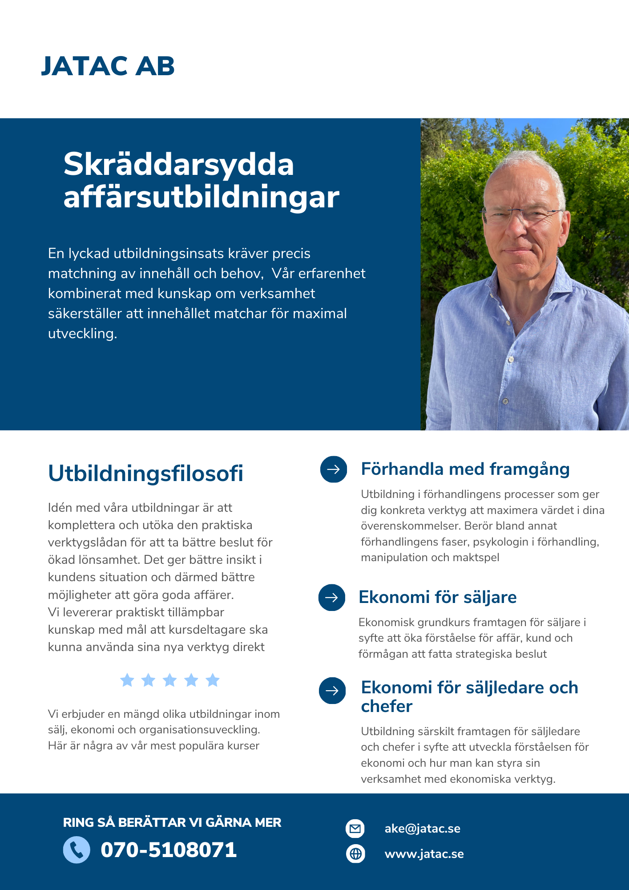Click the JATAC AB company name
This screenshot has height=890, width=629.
[x=108, y=66]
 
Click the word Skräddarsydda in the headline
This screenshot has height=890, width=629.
[x=178, y=165]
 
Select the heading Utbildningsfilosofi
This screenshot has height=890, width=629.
[x=145, y=473]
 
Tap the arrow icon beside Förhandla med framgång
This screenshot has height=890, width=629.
[x=334, y=469]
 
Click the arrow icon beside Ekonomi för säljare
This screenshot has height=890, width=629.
[x=332, y=597]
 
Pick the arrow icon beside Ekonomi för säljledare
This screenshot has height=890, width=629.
[x=332, y=690]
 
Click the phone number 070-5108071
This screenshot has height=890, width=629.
[x=169, y=850]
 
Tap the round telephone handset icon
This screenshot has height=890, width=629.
[x=77, y=850]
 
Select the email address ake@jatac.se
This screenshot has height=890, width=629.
[x=422, y=829]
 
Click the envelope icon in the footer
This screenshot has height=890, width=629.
[x=355, y=829]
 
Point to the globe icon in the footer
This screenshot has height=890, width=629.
[x=355, y=854]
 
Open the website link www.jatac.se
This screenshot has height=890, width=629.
[x=424, y=854]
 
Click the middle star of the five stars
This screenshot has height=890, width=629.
[x=170, y=680]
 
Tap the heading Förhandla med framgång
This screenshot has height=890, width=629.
[x=465, y=469]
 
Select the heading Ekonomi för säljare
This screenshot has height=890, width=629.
[x=437, y=597]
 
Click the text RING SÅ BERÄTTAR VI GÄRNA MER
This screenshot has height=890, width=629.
[x=172, y=822]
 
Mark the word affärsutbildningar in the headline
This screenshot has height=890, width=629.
[x=201, y=197]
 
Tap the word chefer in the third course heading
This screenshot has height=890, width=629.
[x=387, y=706]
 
